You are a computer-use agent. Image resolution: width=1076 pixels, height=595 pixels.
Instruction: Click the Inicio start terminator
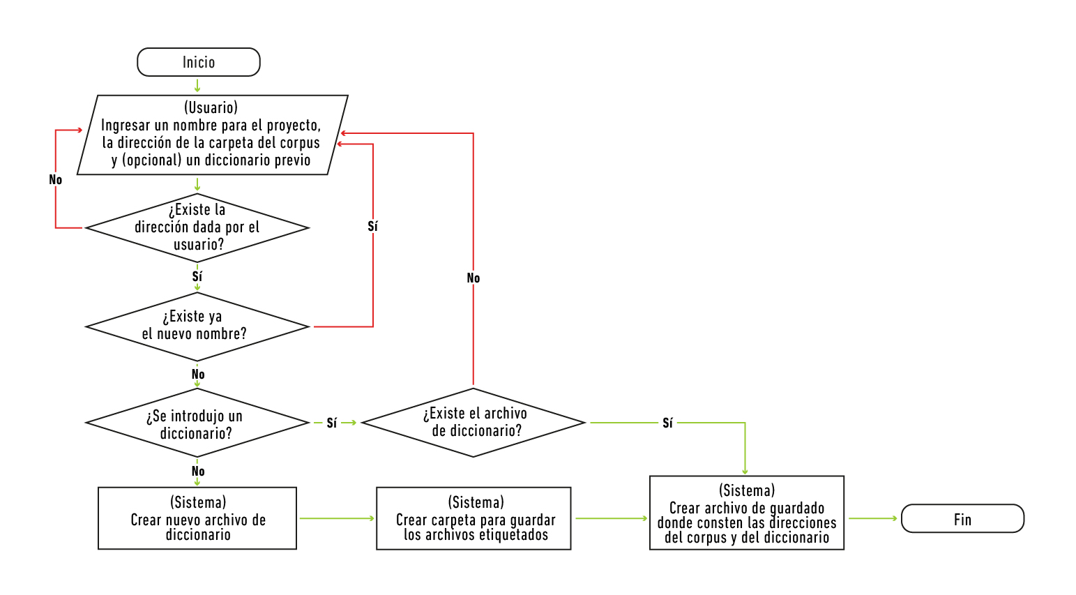199,62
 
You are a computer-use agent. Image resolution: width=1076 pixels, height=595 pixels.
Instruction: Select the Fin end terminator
962,519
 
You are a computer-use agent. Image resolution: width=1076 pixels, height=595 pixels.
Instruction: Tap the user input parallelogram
211,135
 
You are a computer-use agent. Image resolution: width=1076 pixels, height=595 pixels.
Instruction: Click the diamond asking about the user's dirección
197,227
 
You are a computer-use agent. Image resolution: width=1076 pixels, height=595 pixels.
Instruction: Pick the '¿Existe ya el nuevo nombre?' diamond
197,326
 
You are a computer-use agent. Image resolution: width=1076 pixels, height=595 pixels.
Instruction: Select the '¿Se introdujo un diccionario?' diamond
197,423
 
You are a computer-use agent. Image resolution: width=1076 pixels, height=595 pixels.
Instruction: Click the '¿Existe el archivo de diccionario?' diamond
474,422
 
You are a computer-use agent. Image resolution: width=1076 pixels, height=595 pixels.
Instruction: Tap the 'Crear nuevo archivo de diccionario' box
197,518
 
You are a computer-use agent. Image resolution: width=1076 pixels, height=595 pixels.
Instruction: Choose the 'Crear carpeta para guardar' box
473,518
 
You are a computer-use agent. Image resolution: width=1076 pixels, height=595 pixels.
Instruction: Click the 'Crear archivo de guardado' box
747,513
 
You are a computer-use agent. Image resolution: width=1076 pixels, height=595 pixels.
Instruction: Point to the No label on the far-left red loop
56,180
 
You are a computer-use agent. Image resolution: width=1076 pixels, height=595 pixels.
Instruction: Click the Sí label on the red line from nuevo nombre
372,227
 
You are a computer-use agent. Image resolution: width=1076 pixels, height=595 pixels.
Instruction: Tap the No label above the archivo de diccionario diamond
473,278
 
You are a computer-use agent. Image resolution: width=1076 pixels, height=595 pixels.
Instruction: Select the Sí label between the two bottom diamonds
332,423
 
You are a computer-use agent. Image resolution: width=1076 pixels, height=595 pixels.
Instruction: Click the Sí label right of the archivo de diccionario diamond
667,423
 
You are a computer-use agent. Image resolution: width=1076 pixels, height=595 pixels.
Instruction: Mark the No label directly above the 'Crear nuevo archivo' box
198,472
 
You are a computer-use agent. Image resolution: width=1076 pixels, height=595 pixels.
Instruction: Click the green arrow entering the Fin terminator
873,518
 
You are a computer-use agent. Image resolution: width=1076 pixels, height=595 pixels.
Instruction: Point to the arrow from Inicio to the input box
198,86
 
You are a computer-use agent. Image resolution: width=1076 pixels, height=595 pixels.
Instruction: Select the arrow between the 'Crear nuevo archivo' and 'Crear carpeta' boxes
337,518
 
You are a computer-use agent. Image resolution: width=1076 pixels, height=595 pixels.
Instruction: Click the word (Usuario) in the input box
211,107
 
